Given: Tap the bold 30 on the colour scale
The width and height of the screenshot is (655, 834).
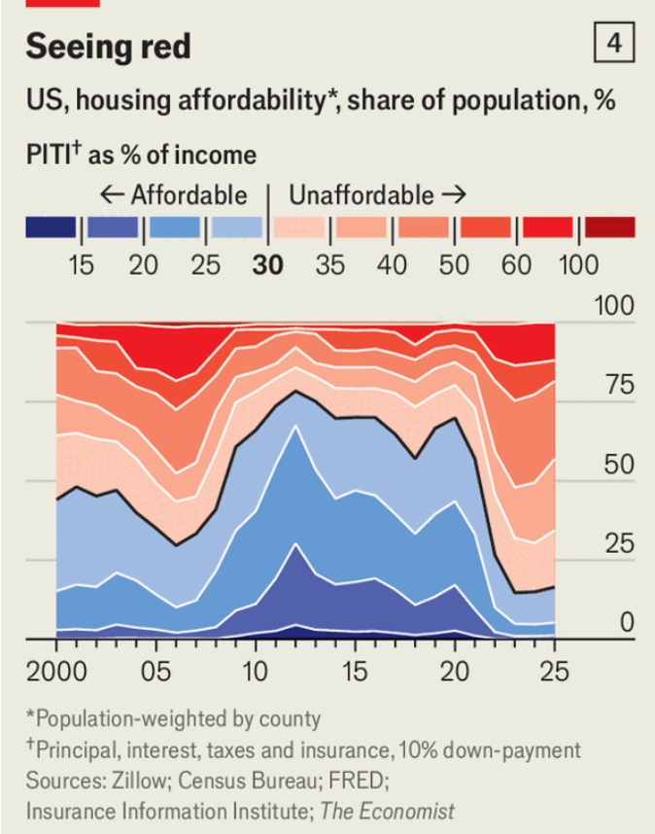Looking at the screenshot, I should (x=267, y=264).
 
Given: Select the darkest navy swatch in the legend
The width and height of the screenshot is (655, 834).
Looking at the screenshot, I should (x=51, y=227).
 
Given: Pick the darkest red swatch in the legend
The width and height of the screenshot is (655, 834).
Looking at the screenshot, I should (x=609, y=227).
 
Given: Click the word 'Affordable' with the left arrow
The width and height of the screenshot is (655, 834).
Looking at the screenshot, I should (x=175, y=194).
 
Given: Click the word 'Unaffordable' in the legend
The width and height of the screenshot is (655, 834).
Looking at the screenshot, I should (x=361, y=194).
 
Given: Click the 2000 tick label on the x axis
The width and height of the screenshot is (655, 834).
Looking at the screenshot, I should (x=56, y=671).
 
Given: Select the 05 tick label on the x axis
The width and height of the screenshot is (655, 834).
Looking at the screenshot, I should (x=155, y=671).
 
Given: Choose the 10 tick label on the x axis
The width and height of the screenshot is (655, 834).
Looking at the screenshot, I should (x=255, y=671).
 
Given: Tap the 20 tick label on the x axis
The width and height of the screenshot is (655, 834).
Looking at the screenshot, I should (x=454, y=671).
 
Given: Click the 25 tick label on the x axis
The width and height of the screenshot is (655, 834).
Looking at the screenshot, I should (x=554, y=671).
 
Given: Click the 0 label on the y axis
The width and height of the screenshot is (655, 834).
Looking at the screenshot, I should (x=627, y=621).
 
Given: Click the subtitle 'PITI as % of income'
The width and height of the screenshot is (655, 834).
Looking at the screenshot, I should (x=141, y=155).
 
